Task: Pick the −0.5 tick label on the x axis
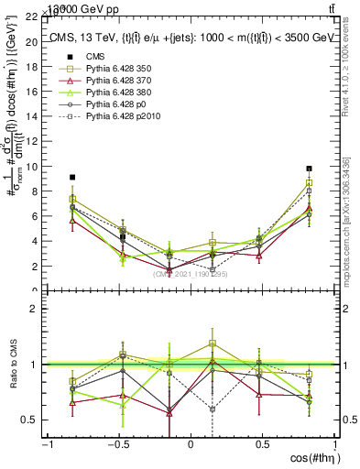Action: [x=117, y=445]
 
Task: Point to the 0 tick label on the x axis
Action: [x=191, y=445]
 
